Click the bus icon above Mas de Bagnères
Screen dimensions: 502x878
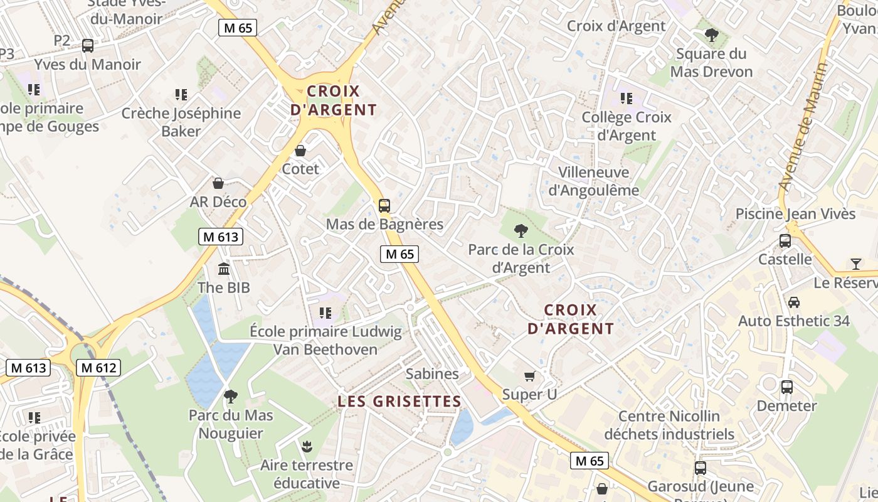pos(384,205)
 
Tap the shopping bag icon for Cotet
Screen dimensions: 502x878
pos(300,151)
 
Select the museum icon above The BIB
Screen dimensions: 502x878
pos(224,269)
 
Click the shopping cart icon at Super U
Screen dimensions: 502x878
pos(530,376)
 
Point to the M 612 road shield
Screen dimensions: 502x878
pos(98,368)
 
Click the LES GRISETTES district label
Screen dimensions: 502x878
pos(399,402)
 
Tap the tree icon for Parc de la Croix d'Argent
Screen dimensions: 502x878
pos(521,231)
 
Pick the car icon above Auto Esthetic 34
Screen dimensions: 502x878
pos(794,302)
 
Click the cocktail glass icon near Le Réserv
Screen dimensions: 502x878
pos(856,264)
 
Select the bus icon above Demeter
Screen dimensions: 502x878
pos(787,387)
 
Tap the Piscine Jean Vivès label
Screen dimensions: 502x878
pos(795,214)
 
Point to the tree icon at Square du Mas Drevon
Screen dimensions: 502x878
pos(711,35)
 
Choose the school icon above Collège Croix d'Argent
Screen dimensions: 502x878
pos(626,99)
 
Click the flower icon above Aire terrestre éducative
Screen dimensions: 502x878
pos(307,447)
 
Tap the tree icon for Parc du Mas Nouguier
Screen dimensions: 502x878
pos(231,397)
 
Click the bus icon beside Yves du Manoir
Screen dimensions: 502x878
pos(88,45)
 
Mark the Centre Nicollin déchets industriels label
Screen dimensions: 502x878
pos(669,425)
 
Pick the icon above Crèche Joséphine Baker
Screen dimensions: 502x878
pos(181,95)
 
